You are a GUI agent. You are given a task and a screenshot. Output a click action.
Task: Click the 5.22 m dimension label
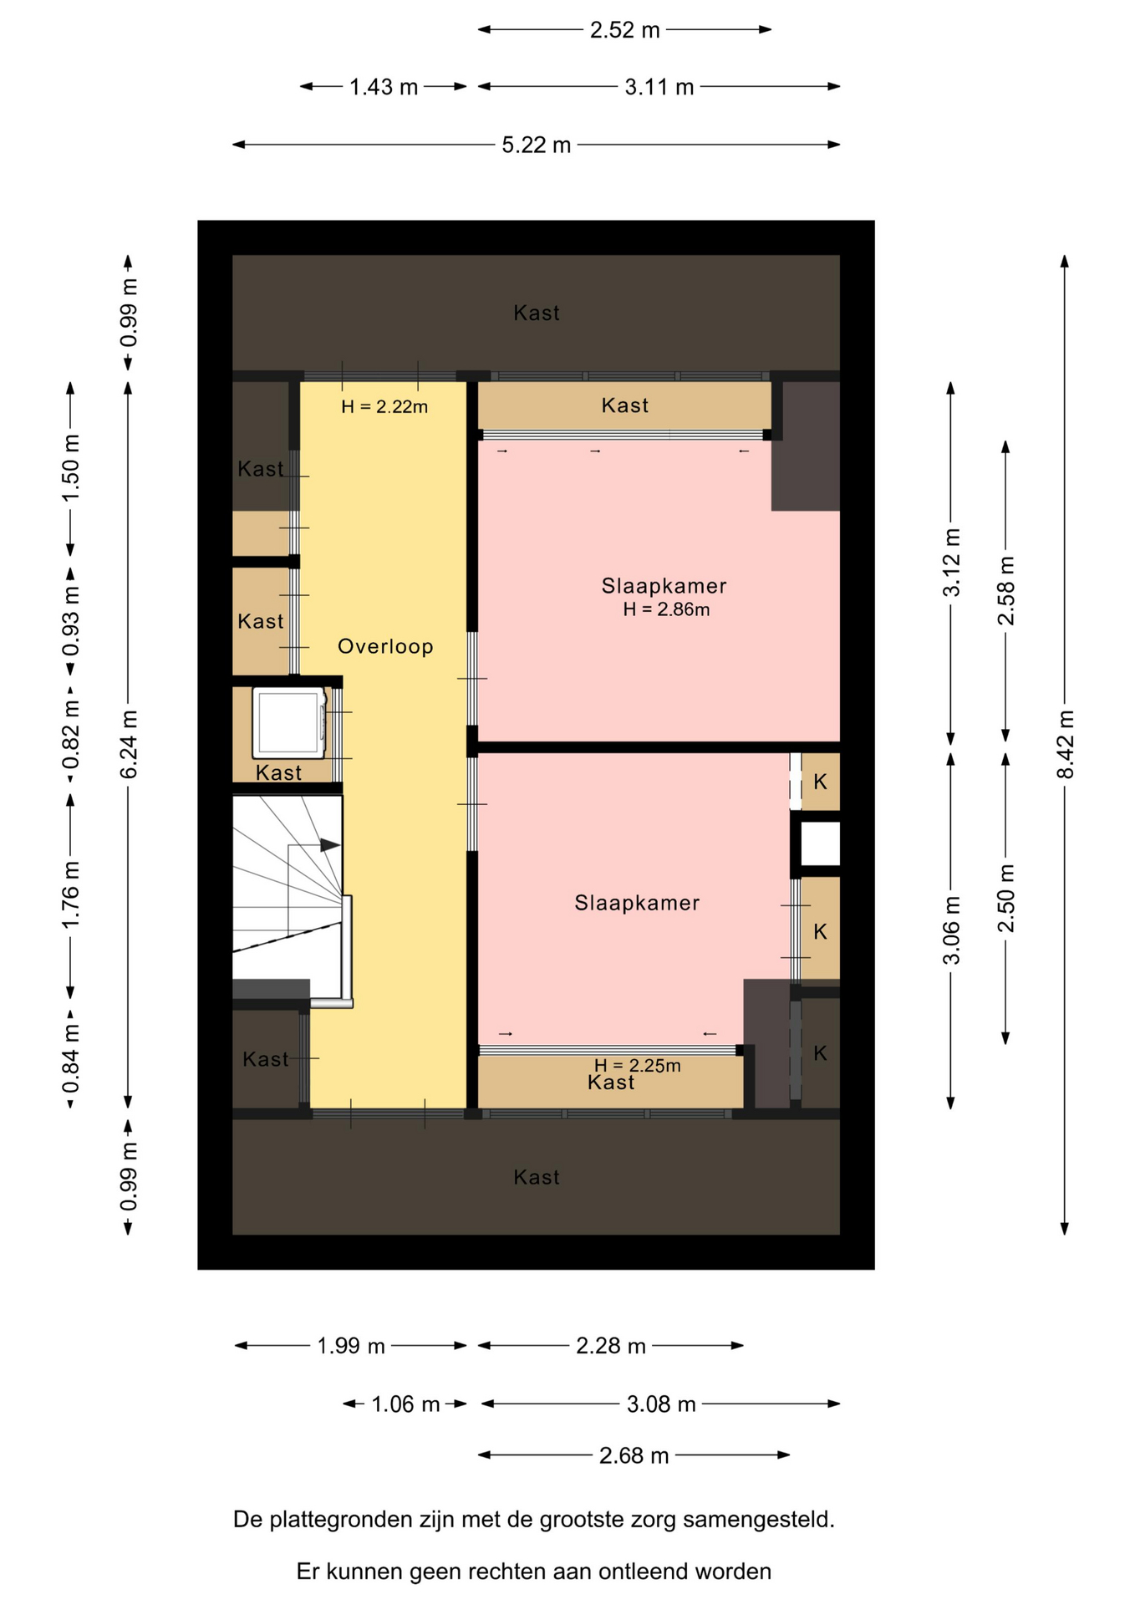click(536, 145)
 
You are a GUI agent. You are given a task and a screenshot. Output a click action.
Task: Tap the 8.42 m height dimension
click(1065, 744)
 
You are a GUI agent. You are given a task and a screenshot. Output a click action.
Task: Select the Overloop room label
click(385, 646)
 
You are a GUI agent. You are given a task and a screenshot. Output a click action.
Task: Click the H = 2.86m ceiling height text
click(666, 609)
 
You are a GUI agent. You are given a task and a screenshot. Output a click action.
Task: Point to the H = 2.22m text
click(384, 407)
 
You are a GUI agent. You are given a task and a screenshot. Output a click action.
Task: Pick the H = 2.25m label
click(638, 1065)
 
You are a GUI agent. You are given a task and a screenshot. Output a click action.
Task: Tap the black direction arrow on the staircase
click(330, 845)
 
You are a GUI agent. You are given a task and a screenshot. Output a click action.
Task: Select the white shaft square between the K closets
click(821, 843)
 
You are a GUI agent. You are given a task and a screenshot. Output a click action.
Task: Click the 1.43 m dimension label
click(384, 87)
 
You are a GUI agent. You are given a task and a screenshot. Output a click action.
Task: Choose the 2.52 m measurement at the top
click(624, 30)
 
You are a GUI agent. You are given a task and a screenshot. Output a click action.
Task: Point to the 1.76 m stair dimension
click(70, 894)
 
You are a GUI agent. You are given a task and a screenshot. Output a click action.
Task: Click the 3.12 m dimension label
click(951, 563)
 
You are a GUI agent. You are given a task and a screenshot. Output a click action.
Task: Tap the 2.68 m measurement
click(634, 1455)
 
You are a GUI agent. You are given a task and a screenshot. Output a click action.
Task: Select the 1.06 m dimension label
click(405, 1404)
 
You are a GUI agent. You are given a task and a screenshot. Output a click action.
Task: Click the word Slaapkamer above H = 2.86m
click(664, 586)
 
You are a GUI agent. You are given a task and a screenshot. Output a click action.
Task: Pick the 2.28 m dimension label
click(611, 1346)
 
